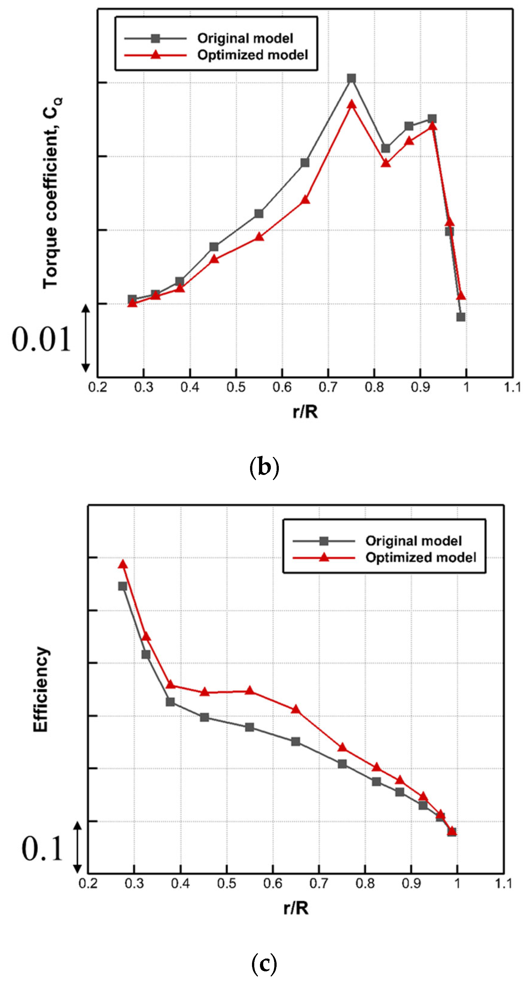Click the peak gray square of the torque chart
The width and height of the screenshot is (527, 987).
[351, 79]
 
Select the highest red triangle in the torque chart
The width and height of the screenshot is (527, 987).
[351, 104]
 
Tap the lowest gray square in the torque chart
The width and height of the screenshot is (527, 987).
[460, 317]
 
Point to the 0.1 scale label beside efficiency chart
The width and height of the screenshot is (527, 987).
[42, 849]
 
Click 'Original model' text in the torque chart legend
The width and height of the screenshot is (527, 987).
[245, 38]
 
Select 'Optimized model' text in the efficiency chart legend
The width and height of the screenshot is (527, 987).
[421, 557]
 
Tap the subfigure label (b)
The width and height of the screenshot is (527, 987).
[264, 467]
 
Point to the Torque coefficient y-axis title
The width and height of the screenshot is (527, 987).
[52, 193]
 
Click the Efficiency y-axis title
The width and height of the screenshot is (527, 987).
[41, 690]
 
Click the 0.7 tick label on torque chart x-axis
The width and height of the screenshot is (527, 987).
[328, 387]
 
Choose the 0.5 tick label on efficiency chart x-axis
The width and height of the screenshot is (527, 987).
[226, 883]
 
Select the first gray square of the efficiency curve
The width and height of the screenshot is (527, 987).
[123, 586]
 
